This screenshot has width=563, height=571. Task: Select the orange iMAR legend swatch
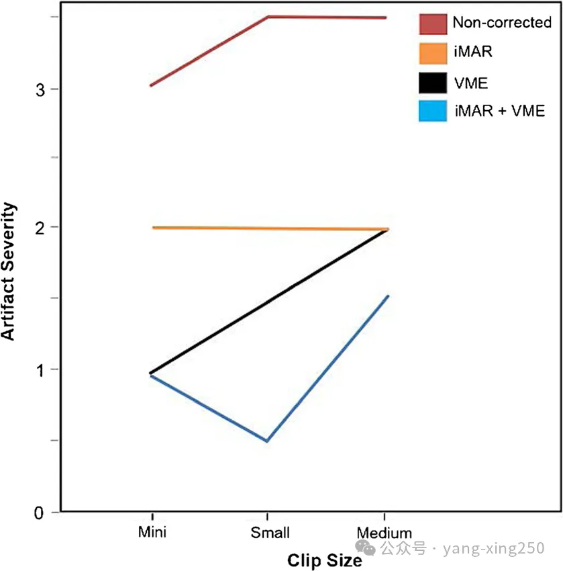tap(433, 53)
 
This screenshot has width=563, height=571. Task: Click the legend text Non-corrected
tap(501, 23)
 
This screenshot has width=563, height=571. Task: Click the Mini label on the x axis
tap(152, 533)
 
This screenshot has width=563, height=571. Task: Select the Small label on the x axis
tap(270, 533)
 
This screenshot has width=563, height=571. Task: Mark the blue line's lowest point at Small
tap(267, 441)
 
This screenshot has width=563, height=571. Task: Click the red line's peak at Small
tap(268, 17)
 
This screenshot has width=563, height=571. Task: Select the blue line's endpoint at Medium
tap(388, 296)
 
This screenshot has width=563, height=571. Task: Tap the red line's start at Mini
tap(151, 85)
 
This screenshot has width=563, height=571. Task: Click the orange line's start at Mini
tap(154, 228)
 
